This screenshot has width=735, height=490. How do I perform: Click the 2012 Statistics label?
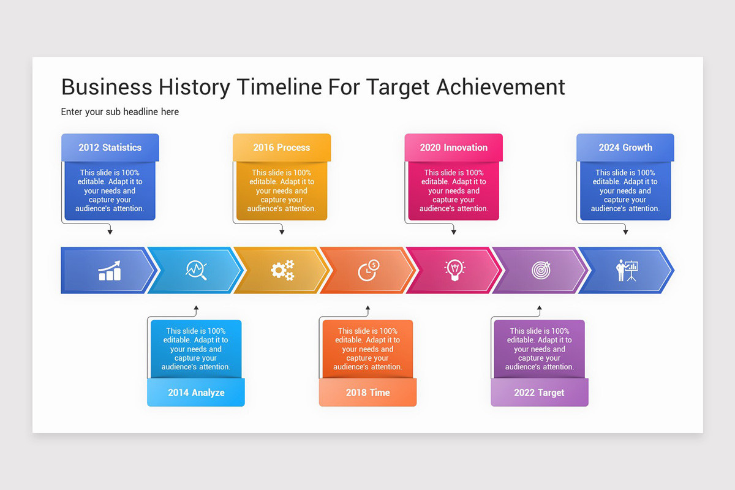click(110, 148)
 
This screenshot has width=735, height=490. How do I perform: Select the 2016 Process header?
click(282, 148)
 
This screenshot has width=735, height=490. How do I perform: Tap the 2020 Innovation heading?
click(453, 148)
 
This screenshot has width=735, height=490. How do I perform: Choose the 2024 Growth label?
click(625, 148)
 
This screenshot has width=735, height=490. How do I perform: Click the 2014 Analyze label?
click(196, 393)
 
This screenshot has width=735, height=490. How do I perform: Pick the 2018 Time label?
click(367, 393)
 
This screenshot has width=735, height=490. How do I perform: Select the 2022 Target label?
click(539, 393)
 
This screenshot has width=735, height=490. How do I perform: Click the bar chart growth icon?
click(110, 271)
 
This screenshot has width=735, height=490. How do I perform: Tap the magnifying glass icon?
click(196, 270)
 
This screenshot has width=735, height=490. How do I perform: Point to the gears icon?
click(282, 270)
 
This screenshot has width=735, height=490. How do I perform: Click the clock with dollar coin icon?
click(368, 270)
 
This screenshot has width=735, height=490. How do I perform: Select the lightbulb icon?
click(454, 270)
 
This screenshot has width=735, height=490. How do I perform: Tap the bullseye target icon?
click(541, 269)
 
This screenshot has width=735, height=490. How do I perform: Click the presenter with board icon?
click(627, 270)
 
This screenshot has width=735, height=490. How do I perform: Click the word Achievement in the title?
click(500, 87)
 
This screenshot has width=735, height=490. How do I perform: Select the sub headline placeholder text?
click(120, 111)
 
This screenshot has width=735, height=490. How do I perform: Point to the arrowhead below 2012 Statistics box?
click(110, 232)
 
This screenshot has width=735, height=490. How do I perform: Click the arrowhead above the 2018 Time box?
click(367, 308)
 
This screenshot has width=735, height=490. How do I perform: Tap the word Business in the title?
click(107, 87)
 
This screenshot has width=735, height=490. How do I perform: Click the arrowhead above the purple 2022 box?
click(539, 308)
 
